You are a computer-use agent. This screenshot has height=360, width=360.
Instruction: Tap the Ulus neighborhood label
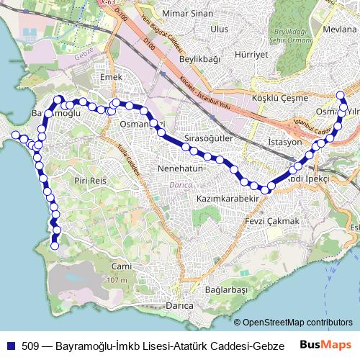(219, 29)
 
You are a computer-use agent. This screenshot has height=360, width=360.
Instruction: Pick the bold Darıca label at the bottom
(179, 306)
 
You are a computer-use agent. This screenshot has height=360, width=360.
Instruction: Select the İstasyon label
(284, 142)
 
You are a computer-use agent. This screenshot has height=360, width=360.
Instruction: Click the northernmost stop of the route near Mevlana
(341, 95)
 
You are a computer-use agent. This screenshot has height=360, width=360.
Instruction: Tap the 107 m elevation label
(117, 279)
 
